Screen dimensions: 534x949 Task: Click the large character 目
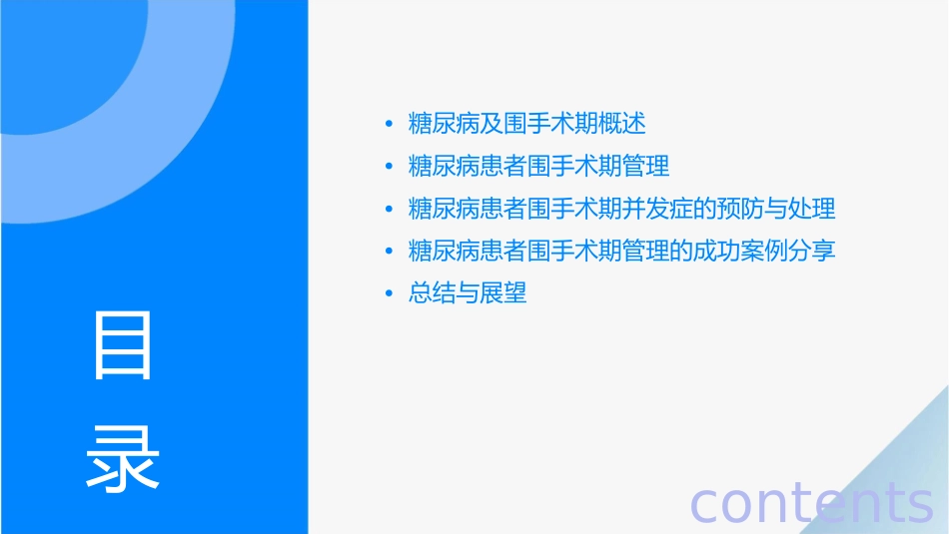pyautogui.click(x=123, y=345)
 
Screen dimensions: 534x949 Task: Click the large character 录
pyautogui.click(x=123, y=458)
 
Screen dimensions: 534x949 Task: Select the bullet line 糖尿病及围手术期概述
pyautogui.click(x=527, y=124)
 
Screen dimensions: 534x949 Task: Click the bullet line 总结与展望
pyautogui.click(x=468, y=293)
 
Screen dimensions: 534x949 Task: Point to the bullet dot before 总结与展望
pyautogui.click(x=389, y=294)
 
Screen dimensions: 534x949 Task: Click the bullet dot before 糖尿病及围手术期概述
pyautogui.click(x=389, y=125)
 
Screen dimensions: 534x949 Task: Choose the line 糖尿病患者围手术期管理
pyautogui.click(x=539, y=166)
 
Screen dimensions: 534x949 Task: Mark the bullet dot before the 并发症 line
pyautogui.click(x=389, y=210)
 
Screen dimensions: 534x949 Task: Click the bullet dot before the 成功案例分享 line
pyautogui.click(x=389, y=252)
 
